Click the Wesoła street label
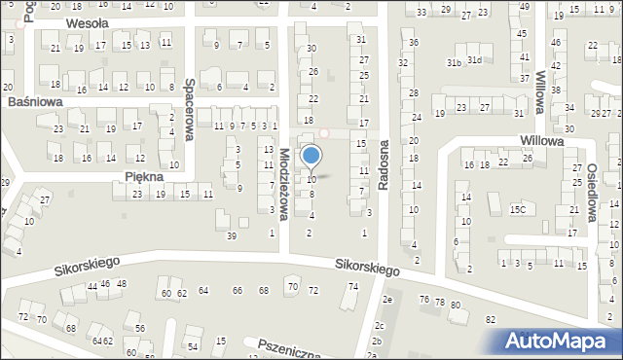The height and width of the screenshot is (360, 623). tap(88, 21)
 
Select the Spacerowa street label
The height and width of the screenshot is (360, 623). tap(190, 110)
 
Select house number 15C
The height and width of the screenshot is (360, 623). tap(518, 209)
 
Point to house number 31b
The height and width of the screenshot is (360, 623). tap(453, 62)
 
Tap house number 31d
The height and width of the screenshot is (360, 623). tap(474, 60)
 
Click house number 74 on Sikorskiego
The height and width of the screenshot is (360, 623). tap(353, 286)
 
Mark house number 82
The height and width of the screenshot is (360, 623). tap(490, 319)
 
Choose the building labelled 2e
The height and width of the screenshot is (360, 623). tap(386, 300)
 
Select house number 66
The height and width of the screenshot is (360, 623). tap(237, 291)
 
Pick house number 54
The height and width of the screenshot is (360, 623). tap(193, 346)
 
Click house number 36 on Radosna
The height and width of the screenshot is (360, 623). tap(414, 43)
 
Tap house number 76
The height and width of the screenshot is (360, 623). tap(423, 300)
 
